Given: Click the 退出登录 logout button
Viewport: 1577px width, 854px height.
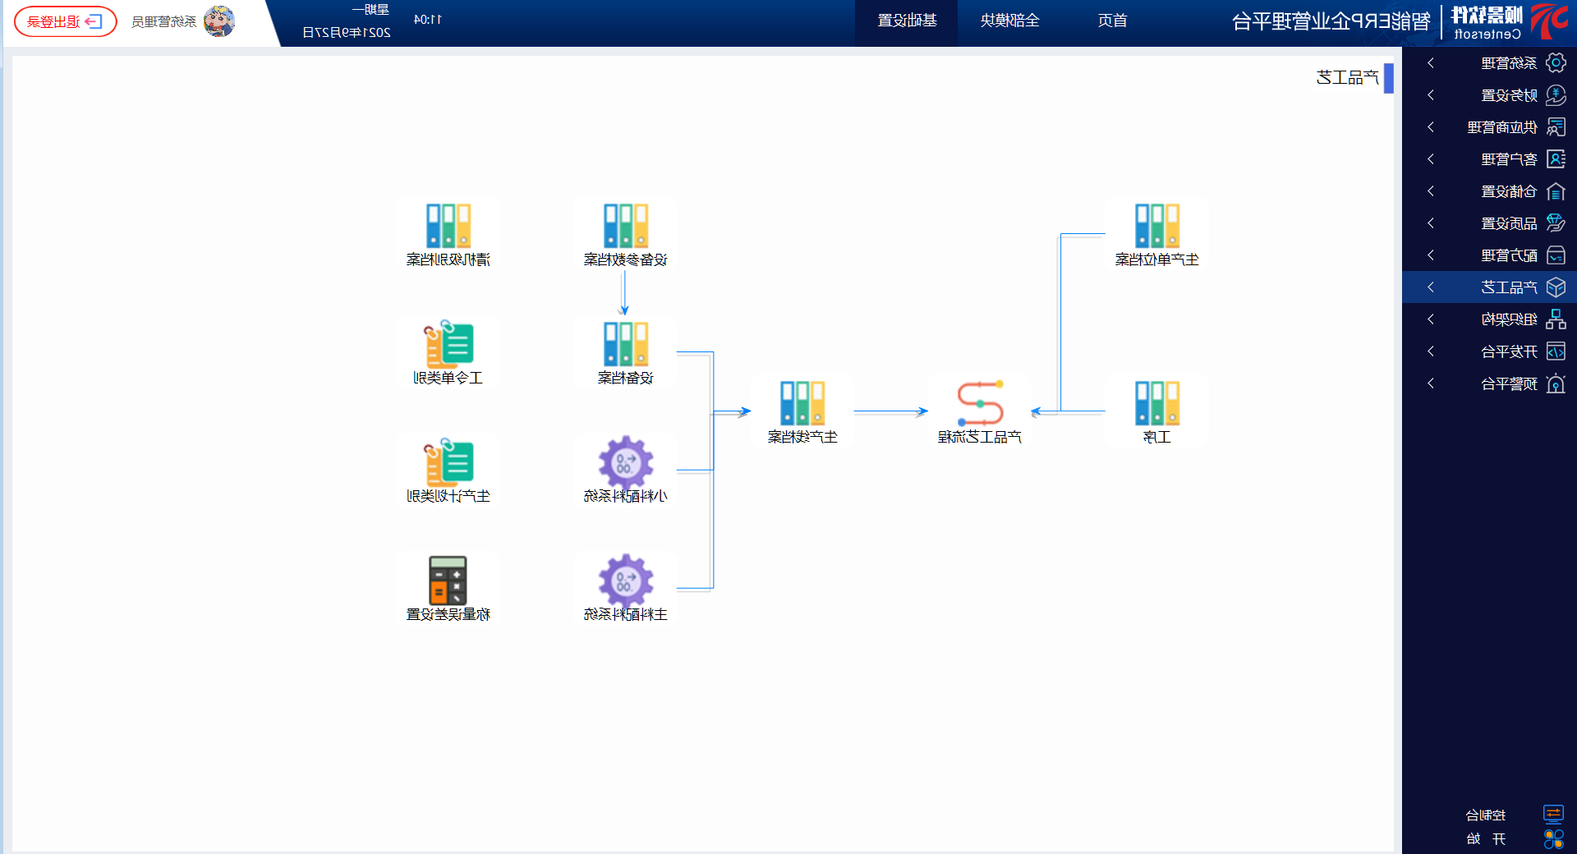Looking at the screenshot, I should (x=65, y=21).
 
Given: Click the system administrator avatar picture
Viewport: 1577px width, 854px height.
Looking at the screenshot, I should (x=218, y=21).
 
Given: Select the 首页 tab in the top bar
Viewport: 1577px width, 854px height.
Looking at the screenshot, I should (x=1112, y=21).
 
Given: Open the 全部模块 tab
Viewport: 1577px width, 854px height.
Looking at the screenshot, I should (x=1009, y=21).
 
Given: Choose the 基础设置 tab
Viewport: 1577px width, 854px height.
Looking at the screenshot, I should (x=907, y=21).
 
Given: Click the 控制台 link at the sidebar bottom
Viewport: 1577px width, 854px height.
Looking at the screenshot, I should (x=1486, y=815).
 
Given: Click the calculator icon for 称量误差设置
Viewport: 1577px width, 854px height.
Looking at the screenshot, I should (x=448, y=580).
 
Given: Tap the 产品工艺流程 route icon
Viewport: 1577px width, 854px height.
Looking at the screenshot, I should (x=980, y=402).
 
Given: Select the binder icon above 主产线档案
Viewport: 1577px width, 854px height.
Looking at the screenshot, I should (x=802, y=402).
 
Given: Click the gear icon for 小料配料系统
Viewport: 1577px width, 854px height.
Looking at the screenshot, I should (x=625, y=461).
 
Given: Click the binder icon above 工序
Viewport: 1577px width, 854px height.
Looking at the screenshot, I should (x=1157, y=402).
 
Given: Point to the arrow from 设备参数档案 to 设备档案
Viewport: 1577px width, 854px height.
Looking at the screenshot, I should (x=624, y=292).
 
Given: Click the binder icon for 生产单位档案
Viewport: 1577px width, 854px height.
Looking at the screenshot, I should (x=1157, y=225).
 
